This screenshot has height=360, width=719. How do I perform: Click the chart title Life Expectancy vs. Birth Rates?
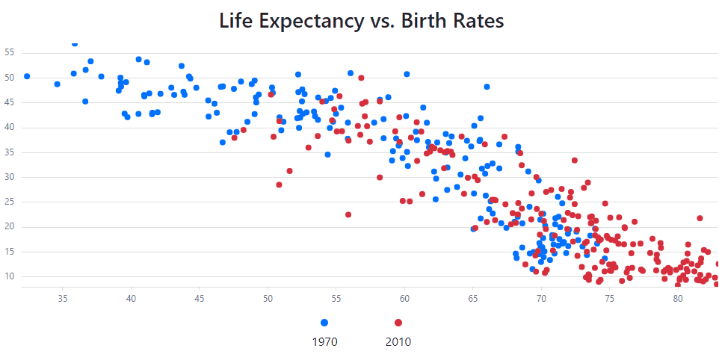tap(362, 21)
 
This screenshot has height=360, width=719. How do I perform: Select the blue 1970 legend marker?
tap(324, 323)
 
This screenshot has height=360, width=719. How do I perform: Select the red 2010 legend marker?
tap(398, 323)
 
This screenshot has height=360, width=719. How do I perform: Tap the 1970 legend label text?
tap(324, 343)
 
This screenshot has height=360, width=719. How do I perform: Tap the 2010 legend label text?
tap(398, 343)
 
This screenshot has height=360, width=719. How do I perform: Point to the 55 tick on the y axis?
tap(10, 53)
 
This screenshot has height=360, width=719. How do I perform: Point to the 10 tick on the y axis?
tap(10, 277)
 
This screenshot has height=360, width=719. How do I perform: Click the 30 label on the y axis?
tap(10, 178)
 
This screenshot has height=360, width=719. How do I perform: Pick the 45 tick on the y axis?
tap(10, 103)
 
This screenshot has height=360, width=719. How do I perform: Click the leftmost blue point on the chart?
tap(27, 76)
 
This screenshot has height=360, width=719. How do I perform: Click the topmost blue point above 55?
tap(75, 43)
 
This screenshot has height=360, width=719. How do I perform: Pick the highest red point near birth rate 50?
tap(361, 78)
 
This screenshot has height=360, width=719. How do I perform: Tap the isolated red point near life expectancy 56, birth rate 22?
tap(348, 214)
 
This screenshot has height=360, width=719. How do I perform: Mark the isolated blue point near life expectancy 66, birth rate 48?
tap(487, 87)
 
